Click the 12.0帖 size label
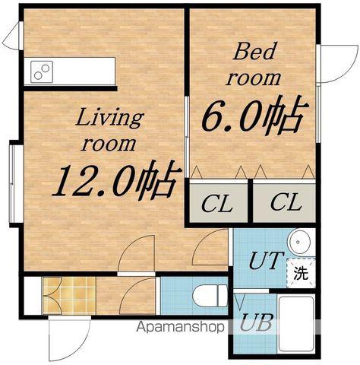pyautogui.click(x=117, y=180)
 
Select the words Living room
pyautogui.click(x=109, y=132)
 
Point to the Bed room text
pyautogui.click(x=254, y=64)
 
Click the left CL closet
pyautogui.click(x=219, y=203)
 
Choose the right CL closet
pyautogui.click(x=284, y=203)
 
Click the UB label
pyautogui.click(x=256, y=322)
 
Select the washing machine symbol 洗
pyautogui.click(x=301, y=273)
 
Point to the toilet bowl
pyautogui.click(x=210, y=296)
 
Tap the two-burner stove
pyautogui.click(x=42, y=71)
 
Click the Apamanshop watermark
pyautogui.click(x=180, y=327)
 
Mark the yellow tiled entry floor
pyautogui.click(x=69, y=296)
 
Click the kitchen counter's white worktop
pyautogui.click(x=70, y=71)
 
